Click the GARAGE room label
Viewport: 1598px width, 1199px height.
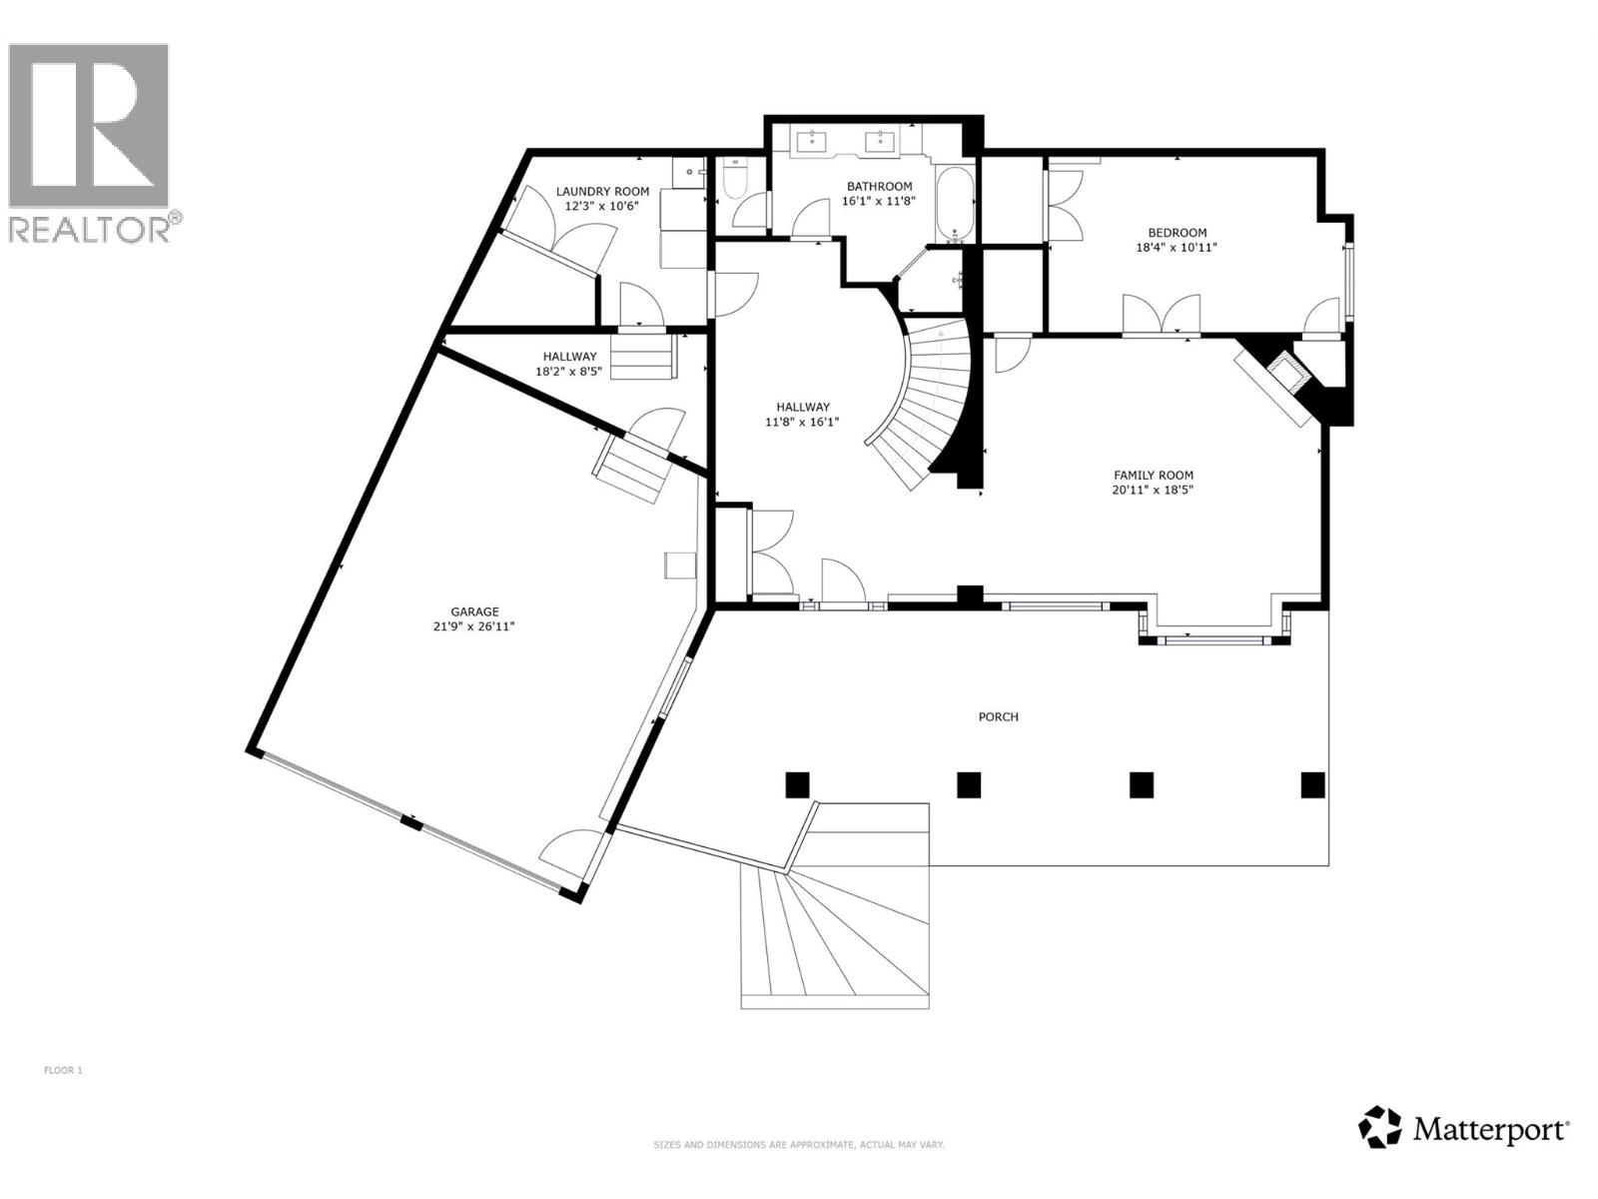click(x=474, y=612)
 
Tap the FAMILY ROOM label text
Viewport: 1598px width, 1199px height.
click(x=1154, y=476)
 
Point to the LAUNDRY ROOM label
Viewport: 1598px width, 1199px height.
click(x=602, y=192)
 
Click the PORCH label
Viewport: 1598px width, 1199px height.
click(x=998, y=717)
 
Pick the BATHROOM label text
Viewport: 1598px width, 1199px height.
click(x=879, y=186)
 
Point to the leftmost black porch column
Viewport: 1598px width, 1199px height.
click(x=796, y=784)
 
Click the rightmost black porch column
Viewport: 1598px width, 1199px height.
click(x=1312, y=784)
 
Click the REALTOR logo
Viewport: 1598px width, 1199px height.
click(x=92, y=140)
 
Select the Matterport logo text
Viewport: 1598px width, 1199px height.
click(x=1488, y=1130)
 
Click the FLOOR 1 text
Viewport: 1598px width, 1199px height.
click(x=63, y=1070)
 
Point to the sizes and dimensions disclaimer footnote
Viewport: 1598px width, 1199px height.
click(x=799, y=1145)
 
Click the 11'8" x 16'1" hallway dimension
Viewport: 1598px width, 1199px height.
click(x=802, y=422)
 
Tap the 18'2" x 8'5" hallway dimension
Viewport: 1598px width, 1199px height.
click(x=569, y=372)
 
